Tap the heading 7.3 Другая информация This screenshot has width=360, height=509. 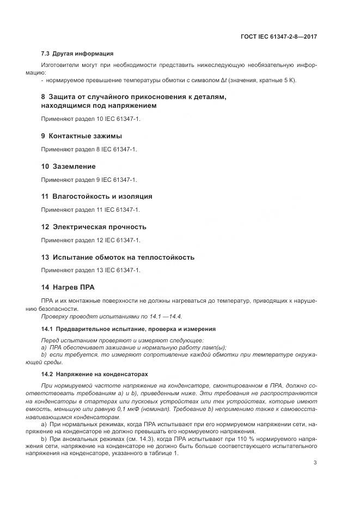[77, 53]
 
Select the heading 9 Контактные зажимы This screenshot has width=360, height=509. [82, 136]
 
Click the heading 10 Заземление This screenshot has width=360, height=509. [69, 166]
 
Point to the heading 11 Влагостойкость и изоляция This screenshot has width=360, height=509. [97, 197]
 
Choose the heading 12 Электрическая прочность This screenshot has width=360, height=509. [94, 227]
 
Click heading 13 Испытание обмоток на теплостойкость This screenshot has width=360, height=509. [118, 257]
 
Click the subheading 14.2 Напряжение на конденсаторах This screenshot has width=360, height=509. [94, 375]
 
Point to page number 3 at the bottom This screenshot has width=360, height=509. [315, 463]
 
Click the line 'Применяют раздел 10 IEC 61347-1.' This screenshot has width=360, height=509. [91, 118]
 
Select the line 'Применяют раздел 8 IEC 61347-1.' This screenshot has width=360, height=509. [89, 149]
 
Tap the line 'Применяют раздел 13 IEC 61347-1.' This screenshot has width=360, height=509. [91, 270]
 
